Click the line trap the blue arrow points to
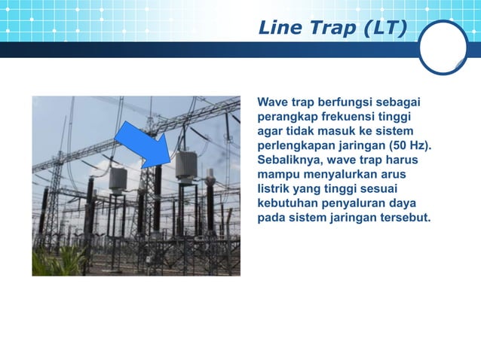click(185, 166)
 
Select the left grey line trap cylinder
click(118, 180)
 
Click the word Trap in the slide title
click(328, 29)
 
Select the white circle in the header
click(443, 47)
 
